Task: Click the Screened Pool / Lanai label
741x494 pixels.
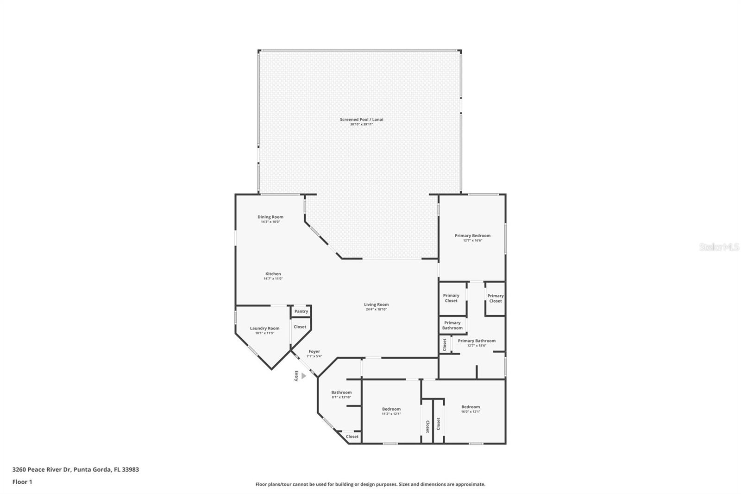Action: coord(361,120)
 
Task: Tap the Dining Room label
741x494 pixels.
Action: coord(270,217)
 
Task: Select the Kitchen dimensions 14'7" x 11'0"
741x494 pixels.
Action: coord(273,279)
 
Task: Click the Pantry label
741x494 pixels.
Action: coord(301,311)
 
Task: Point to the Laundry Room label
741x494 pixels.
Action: coord(264,328)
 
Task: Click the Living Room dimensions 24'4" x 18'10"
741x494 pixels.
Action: coord(376,309)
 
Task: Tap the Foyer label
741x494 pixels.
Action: coord(314,351)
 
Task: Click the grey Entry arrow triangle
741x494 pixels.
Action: coord(303,376)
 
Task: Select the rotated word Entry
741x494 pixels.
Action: coord(296,376)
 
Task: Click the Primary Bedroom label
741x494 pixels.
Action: coord(472,235)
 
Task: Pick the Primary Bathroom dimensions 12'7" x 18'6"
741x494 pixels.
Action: coord(477,345)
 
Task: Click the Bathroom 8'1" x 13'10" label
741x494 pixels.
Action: coord(341,393)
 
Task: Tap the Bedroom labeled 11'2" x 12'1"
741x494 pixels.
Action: coord(391,409)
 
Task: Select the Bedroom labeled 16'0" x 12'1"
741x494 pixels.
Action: coord(471,407)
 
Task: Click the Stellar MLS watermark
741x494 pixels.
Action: coord(719,247)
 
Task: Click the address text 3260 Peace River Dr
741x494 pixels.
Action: coord(42,469)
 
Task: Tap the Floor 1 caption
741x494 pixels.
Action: coord(22,482)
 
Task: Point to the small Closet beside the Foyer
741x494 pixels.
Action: coord(300,327)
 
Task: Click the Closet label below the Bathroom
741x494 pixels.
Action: coord(352,437)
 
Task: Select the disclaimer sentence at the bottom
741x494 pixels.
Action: coord(370,484)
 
